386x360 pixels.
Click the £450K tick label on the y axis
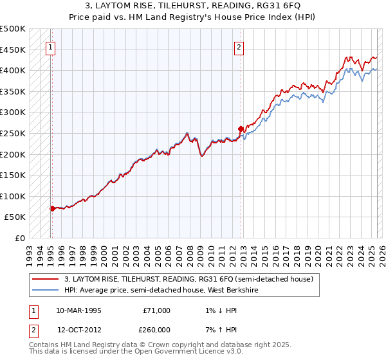click(x=13, y=50)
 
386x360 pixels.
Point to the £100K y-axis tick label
click(x=13, y=196)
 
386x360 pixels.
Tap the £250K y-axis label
click(x=13, y=133)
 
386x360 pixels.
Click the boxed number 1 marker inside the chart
click(x=50, y=46)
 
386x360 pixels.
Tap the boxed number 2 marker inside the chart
click(x=239, y=46)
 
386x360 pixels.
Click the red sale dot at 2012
click(x=241, y=129)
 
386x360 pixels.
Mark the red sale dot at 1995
click(x=53, y=208)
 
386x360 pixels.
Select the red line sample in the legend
click(x=46, y=279)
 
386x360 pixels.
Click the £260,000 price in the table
click(x=156, y=330)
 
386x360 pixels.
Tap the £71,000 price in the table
click(x=156, y=310)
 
